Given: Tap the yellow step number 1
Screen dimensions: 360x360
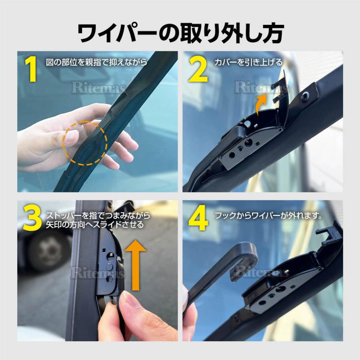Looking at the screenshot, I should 31,70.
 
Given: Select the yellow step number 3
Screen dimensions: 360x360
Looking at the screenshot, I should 32,218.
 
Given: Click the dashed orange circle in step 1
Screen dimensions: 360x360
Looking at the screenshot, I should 85,143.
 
